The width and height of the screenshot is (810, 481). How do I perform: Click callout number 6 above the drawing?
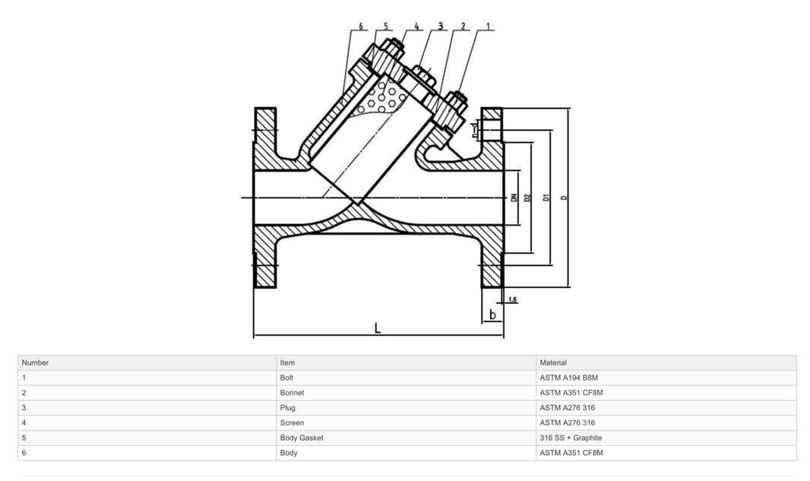tap(362, 26)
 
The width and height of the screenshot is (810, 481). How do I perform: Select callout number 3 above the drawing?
tap(440, 26)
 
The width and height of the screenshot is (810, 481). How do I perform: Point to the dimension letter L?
tap(378, 328)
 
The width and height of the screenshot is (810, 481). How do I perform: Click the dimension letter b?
tap(492, 315)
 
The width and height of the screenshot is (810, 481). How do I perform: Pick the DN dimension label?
tap(514, 198)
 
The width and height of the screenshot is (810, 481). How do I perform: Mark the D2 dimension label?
tap(527, 198)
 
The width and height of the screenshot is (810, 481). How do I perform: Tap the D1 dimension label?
tap(546, 198)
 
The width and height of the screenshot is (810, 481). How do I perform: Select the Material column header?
tap(552, 362)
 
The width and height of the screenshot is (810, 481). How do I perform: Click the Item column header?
tap(287, 362)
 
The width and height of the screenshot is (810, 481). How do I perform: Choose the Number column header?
tap(35, 362)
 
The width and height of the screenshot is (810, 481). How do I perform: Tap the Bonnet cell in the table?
tap(292, 393)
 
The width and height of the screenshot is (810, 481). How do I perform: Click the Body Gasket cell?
tap(301, 438)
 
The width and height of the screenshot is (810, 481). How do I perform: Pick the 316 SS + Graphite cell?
tap(571, 438)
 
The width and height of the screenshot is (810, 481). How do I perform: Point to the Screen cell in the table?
tap(292, 422)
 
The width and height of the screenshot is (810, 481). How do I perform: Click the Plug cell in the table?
tap(288, 408)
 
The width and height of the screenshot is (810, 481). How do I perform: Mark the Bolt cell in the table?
tap(286, 378)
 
